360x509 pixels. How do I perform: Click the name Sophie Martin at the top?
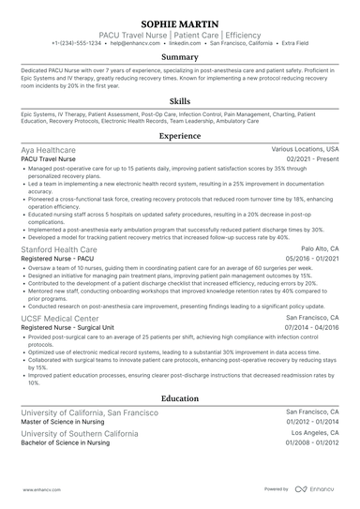tap(180, 22)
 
